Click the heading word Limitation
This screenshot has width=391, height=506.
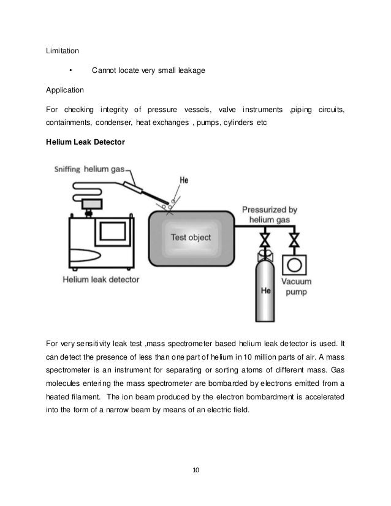[x=63, y=50]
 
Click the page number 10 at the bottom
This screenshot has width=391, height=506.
[x=195, y=470]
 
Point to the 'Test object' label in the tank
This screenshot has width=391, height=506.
[x=190, y=237]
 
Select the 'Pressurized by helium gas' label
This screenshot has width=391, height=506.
[x=270, y=214]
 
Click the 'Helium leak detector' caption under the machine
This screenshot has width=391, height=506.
[x=101, y=279]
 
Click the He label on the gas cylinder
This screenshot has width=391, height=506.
[x=265, y=290]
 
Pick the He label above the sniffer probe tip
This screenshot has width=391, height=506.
[x=183, y=181]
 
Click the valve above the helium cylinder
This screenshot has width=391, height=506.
[x=266, y=238]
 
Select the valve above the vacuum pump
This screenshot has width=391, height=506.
[x=295, y=238]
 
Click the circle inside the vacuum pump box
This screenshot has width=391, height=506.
[x=295, y=265]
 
